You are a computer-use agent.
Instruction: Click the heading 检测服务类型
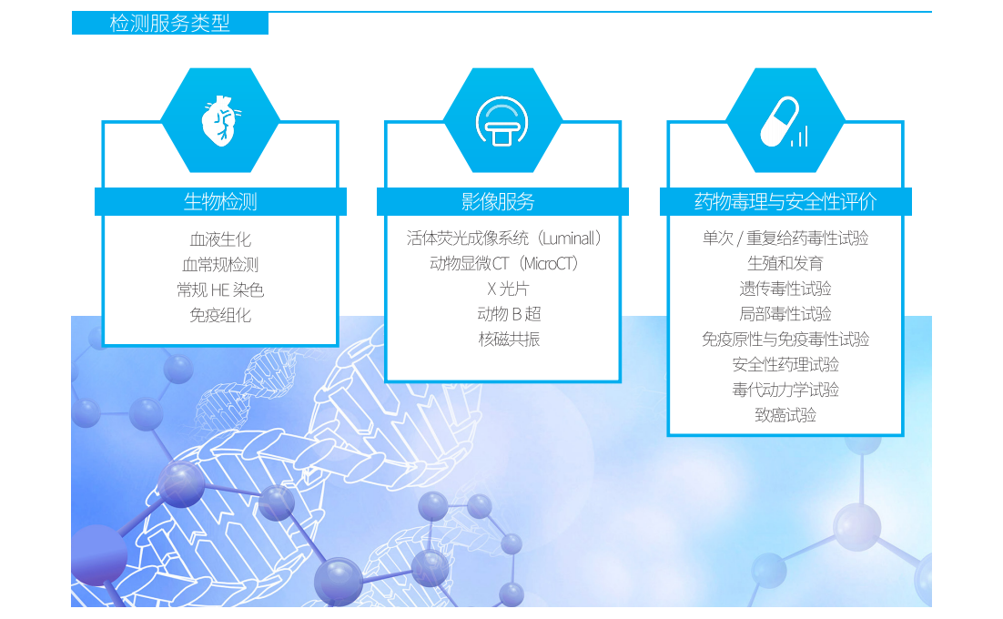pos(169,23)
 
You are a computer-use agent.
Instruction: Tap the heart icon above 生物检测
pos(220,121)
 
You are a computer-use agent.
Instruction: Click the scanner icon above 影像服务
pos(502,121)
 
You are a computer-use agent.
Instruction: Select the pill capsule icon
pos(785,121)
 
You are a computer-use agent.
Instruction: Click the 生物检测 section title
pos(220,201)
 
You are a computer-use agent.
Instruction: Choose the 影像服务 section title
pos(498,201)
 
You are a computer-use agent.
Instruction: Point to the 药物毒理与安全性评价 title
pos(785,201)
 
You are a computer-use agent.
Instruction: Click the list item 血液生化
pos(220,239)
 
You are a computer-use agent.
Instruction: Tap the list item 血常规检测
pos(220,264)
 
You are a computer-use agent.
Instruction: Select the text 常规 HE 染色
pos(220,289)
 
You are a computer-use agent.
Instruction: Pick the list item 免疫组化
pos(220,315)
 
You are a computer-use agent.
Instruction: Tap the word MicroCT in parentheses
pos(549,263)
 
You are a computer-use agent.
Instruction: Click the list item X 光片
pos(508,289)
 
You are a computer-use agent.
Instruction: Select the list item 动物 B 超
pos(509,313)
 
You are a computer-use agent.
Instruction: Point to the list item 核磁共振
pos(509,339)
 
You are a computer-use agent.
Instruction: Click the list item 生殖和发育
pos(785,263)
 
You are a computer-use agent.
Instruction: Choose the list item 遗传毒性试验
pos(785,289)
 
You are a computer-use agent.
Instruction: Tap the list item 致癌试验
pos(785,415)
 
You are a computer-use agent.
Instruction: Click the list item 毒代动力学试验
pos(785,390)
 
